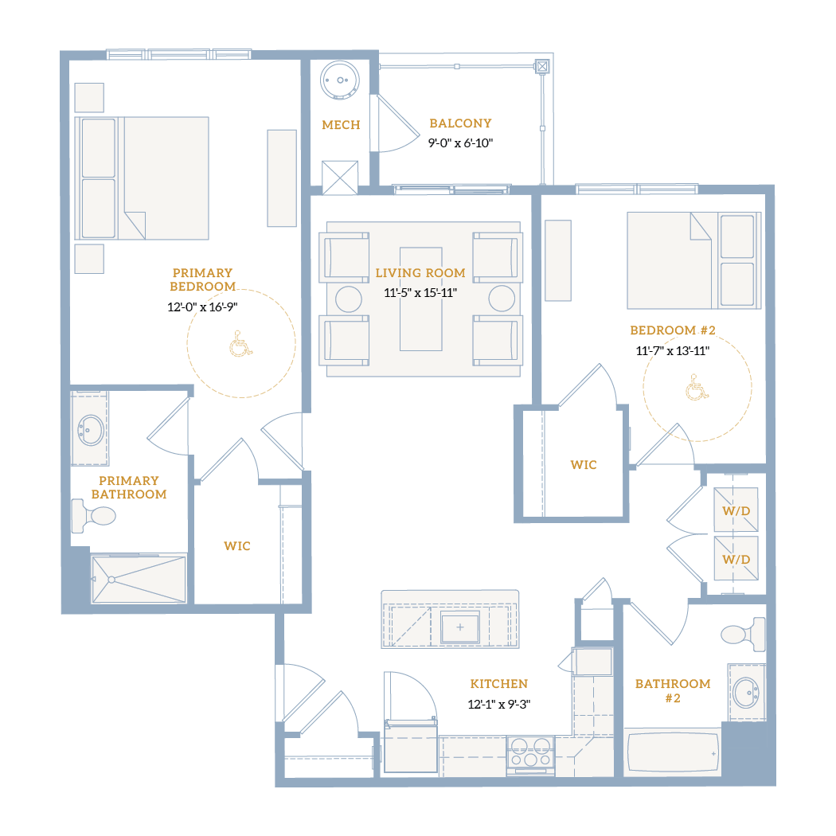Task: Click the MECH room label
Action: [341, 125]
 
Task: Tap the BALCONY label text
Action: [461, 123]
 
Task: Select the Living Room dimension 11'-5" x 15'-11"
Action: [420, 293]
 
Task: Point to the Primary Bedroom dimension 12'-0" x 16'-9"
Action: [202, 307]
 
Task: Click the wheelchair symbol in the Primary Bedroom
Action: [241, 343]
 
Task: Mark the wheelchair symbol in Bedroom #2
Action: [697, 387]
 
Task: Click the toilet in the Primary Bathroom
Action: [94, 516]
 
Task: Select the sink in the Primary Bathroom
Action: [91, 430]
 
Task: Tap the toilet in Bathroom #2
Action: [743, 634]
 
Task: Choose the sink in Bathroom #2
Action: [746, 693]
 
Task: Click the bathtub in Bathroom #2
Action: [674, 752]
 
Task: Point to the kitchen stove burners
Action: [530, 752]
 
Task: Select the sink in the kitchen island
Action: [459, 627]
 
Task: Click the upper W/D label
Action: [736, 511]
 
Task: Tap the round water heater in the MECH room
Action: [340, 80]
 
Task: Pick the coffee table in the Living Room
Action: [420, 299]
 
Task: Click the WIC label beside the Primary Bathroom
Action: [237, 546]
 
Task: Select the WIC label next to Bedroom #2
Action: [584, 465]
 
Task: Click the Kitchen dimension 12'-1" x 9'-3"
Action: [499, 705]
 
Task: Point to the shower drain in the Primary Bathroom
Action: [111, 580]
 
